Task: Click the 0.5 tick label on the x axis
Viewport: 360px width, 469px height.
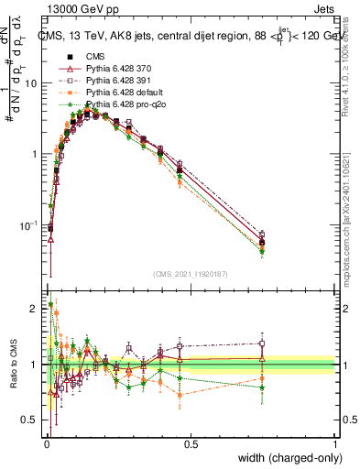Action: pyautogui.click(x=191, y=444)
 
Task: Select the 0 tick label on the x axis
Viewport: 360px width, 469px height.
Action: pyautogui.click(x=46, y=444)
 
